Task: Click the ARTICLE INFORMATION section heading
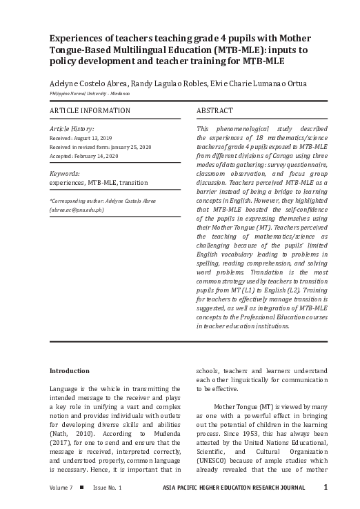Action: click(90, 110)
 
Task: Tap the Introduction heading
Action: click(69, 370)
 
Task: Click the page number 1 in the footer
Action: click(325, 488)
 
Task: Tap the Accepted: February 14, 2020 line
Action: click(86, 156)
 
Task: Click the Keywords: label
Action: click(65, 174)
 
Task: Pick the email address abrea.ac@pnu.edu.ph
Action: click(76, 208)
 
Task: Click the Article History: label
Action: click(72, 128)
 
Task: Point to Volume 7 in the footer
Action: click(61, 488)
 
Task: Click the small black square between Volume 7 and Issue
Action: click(82, 488)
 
